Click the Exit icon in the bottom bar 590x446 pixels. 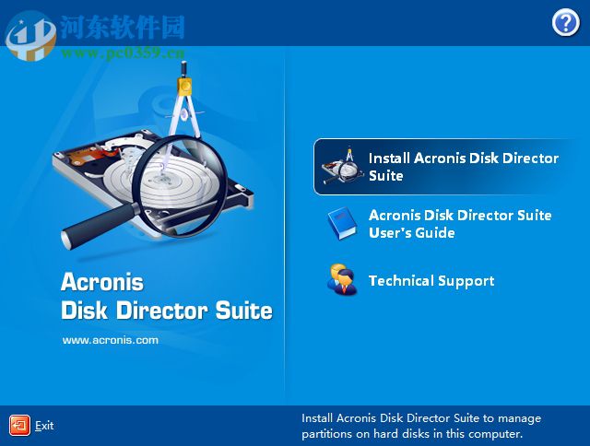[x=19, y=425]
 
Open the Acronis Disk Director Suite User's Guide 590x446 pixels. [x=459, y=224]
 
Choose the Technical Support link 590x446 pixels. [x=431, y=281]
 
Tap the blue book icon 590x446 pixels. [x=341, y=224]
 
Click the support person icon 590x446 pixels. [x=341, y=280]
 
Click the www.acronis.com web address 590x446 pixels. [x=110, y=340]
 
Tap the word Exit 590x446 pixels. [x=44, y=426]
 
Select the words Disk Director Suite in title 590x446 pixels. [x=166, y=311]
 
